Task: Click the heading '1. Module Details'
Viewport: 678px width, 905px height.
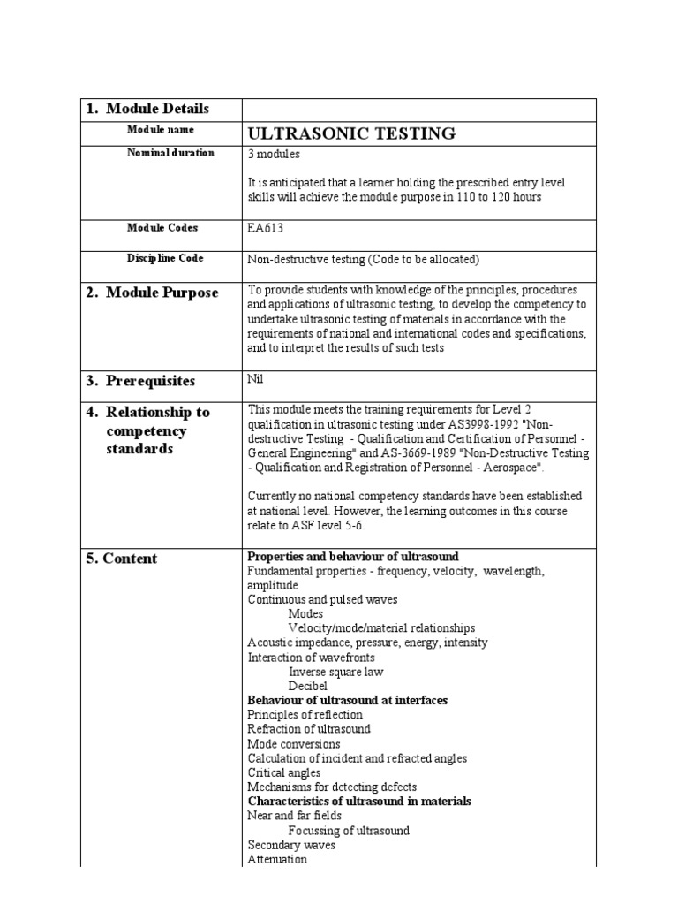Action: click(x=147, y=109)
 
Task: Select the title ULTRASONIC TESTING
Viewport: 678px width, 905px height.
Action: click(x=351, y=133)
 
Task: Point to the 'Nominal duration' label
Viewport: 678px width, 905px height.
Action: click(x=170, y=153)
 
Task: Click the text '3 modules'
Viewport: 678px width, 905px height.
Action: click(x=274, y=154)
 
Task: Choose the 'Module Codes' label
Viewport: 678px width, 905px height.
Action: click(x=162, y=228)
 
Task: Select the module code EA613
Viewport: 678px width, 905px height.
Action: click(x=267, y=228)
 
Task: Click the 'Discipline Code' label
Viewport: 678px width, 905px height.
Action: click(x=165, y=258)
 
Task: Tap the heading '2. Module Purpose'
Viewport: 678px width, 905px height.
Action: click(x=152, y=293)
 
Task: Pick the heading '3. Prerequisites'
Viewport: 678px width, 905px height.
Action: click(x=140, y=381)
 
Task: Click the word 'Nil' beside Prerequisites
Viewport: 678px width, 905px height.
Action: click(x=255, y=377)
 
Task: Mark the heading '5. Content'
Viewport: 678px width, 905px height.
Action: click(x=122, y=559)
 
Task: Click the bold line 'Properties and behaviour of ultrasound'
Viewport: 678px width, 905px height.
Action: click(x=353, y=556)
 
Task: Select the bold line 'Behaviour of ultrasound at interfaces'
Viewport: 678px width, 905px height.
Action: click(x=347, y=700)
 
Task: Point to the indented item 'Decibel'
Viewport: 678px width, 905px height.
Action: click(x=307, y=686)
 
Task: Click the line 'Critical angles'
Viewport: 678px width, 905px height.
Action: click(x=283, y=772)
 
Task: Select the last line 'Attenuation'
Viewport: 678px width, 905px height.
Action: click(x=277, y=859)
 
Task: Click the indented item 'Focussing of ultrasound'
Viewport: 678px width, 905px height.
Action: click(x=348, y=831)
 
